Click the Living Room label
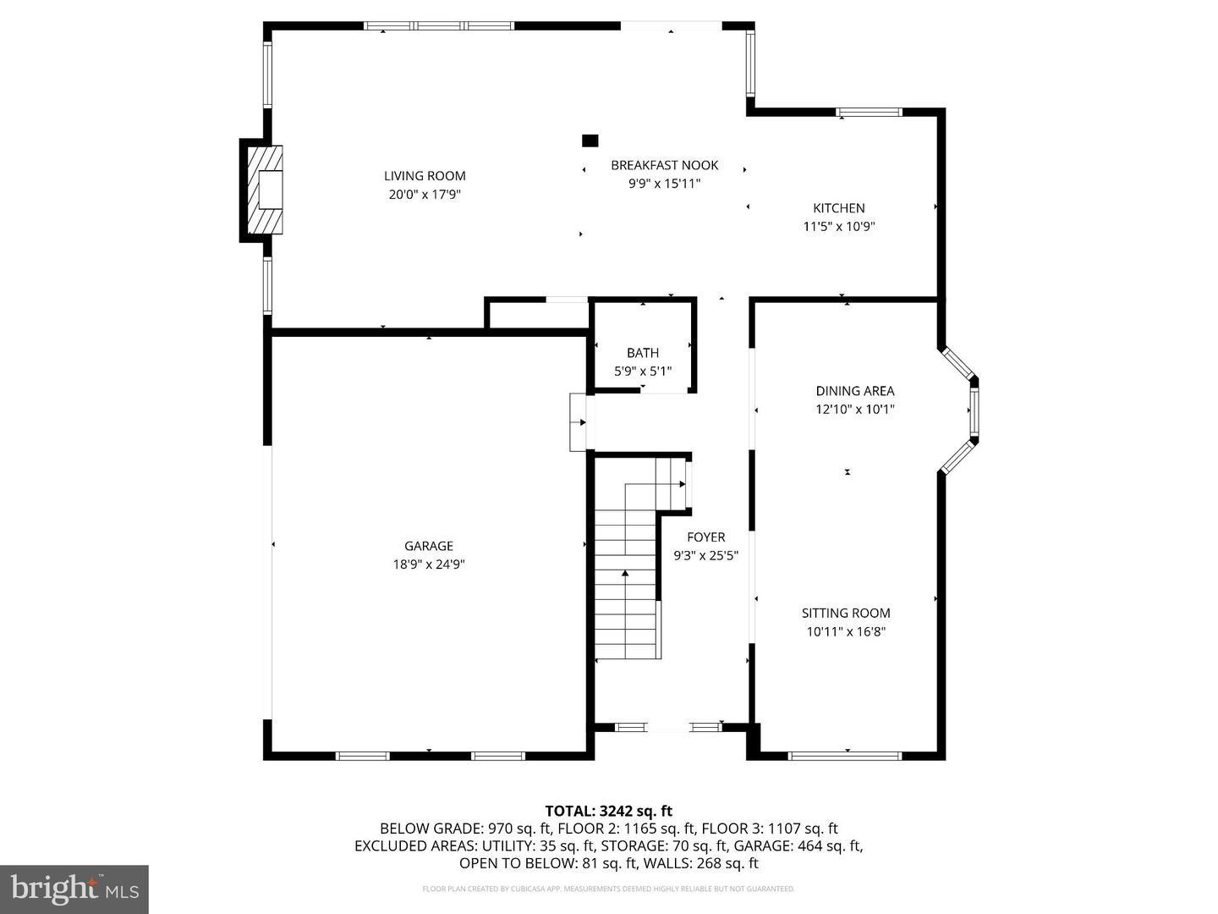pos(425,176)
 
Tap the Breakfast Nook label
pos(664,165)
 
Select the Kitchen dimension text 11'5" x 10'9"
pos(838,226)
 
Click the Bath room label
pos(643,353)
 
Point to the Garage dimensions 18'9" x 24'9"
pos(429,564)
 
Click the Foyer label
pos(705,537)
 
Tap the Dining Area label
pos(854,391)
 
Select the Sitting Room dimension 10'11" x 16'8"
pos(846,631)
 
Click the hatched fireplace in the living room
pos(264,190)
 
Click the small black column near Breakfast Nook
pos(590,140)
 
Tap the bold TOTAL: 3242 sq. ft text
pos(608,811)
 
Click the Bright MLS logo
pos(74,889)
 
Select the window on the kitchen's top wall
pos(869,112)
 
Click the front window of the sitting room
pos(844,755)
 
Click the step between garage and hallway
pos(579,422)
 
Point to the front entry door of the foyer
pos(668,726)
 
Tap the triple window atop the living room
pos(439,26)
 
